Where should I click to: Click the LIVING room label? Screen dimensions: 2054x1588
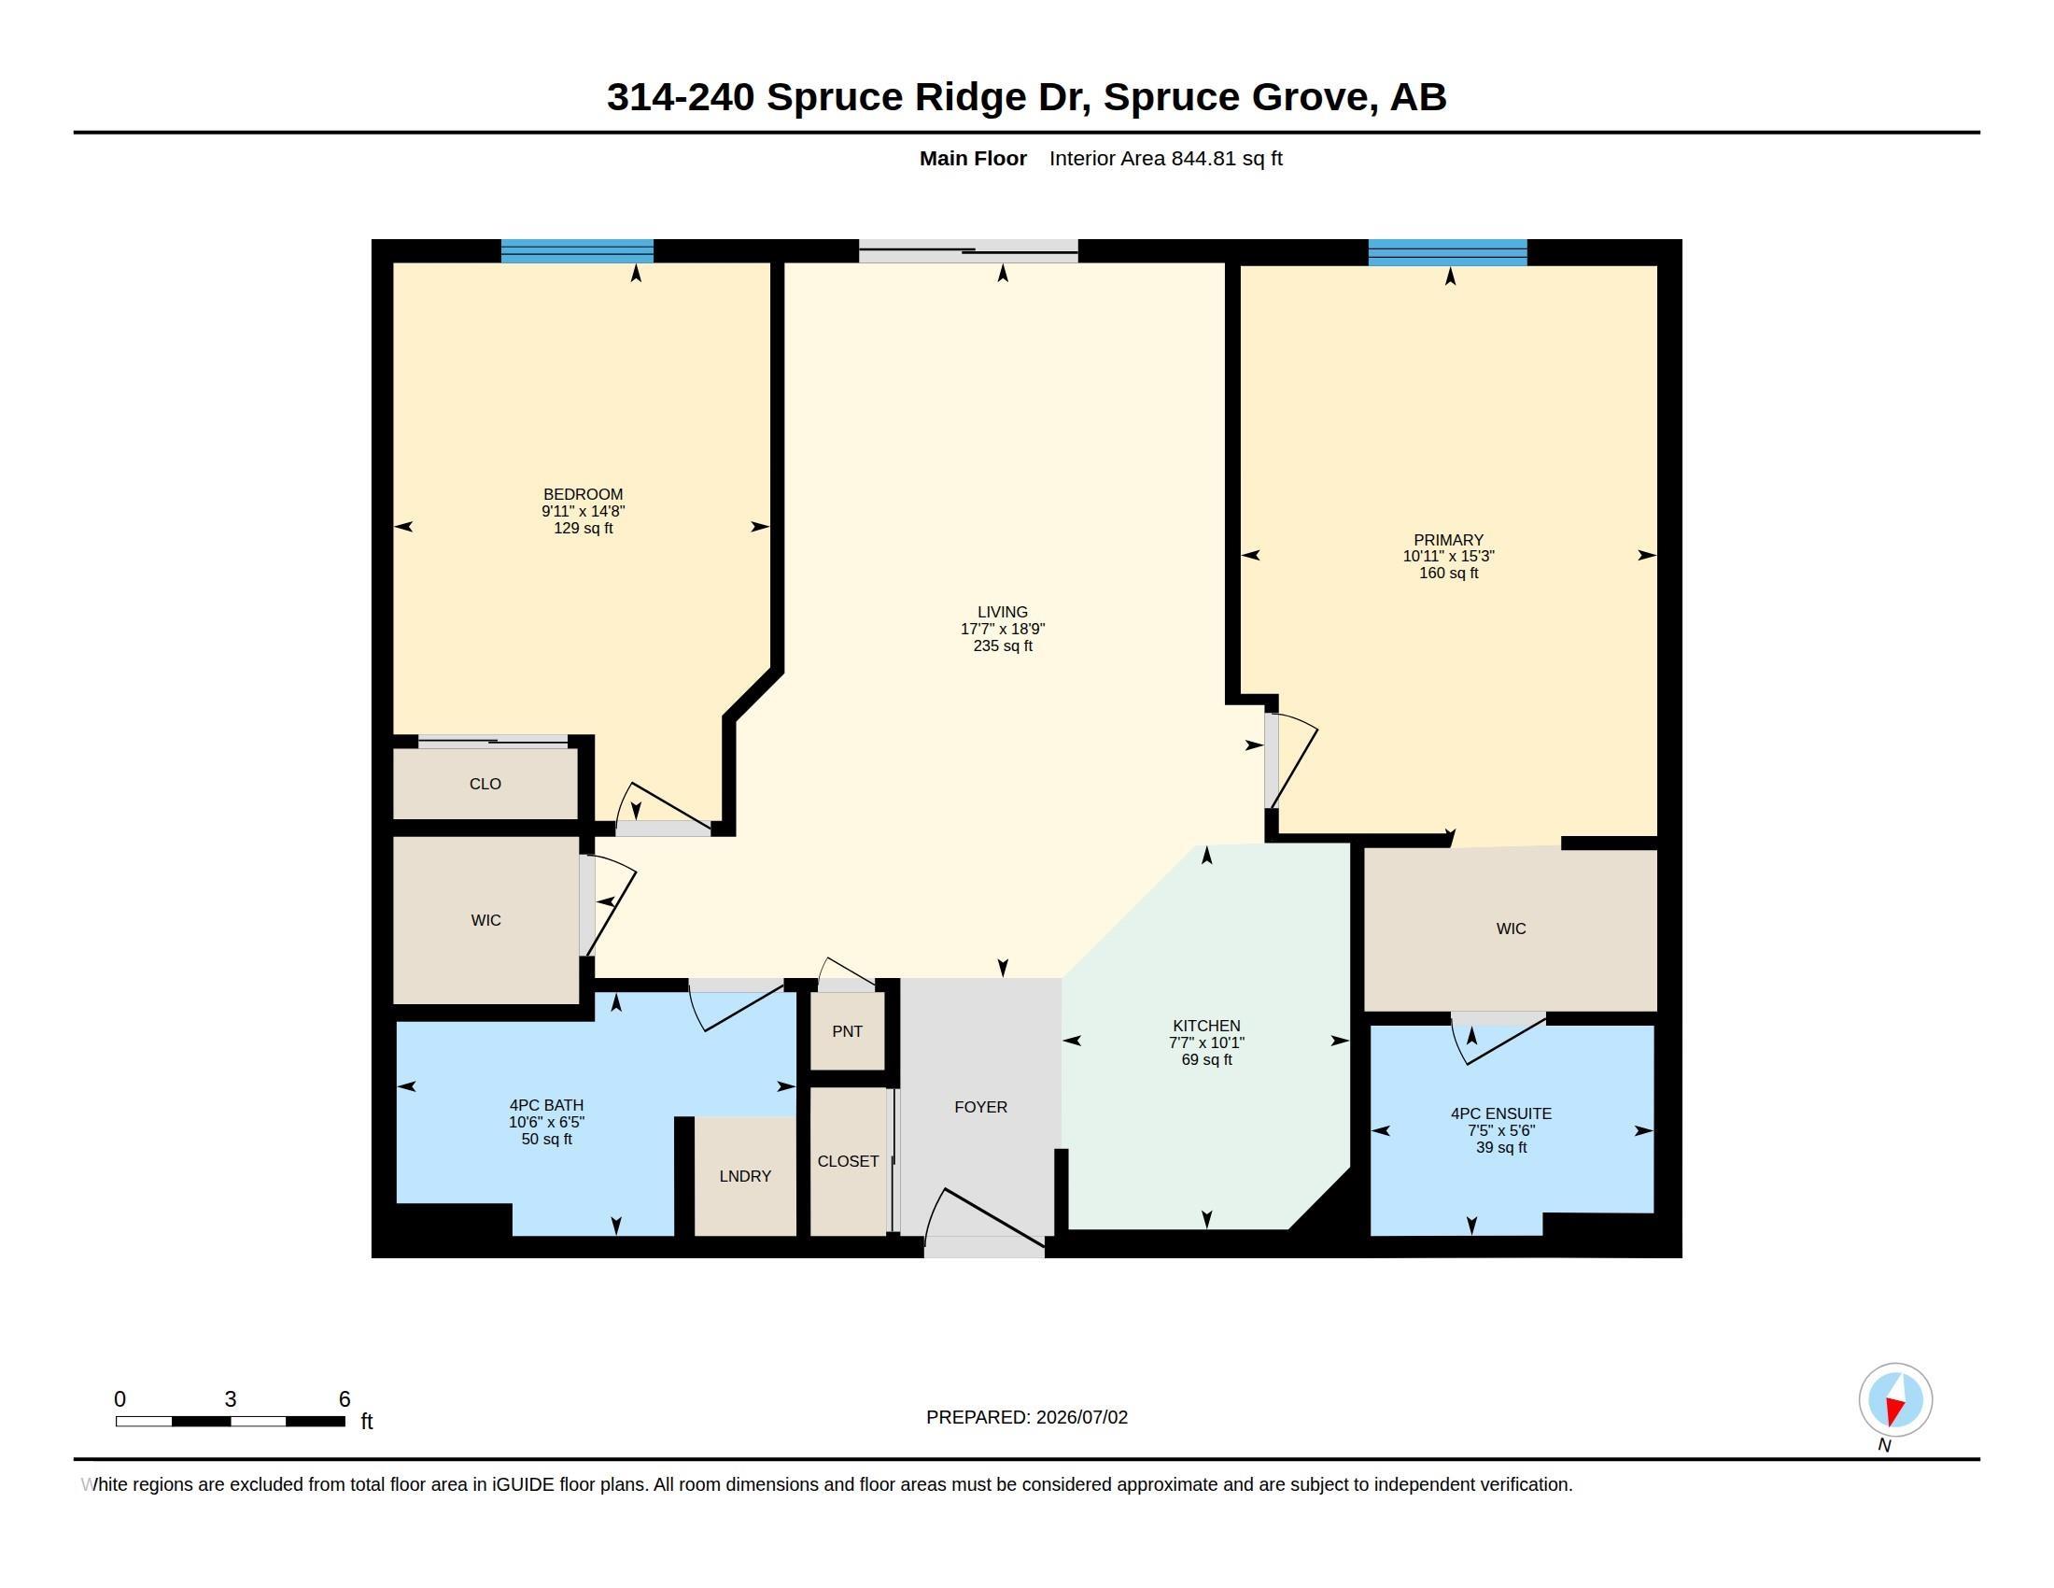click(x=1003, y=612)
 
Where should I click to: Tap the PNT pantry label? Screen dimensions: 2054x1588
click(x=848, y=1031)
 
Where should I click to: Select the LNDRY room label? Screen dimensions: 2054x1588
click(x=745, y=1176)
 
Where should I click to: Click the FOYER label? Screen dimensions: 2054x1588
click(x=981, y=1107)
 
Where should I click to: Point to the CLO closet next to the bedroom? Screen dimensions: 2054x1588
click(x=485, y=784)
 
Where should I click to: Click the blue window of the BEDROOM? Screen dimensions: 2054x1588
click(x=576, y=251)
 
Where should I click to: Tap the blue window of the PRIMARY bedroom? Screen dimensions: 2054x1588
click(x=1447, y=252)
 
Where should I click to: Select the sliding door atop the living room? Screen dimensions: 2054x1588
click(x=968, y=251)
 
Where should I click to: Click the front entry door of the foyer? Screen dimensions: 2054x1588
click(x=985, y=1223)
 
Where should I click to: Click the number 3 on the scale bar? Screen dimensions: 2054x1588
click(x=231, y=1399)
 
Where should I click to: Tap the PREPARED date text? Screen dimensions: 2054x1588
click(x=1027, y=1417)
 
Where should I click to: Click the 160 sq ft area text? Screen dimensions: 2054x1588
click(x=1448, y=573)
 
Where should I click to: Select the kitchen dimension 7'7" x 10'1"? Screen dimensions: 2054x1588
click(x=1206, y=1042)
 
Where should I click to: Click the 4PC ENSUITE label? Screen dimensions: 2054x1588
click(x=1501, y=1113)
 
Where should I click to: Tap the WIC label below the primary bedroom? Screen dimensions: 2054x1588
click(x=1512, y=929)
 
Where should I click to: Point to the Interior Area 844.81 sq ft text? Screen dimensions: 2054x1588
click(x=1166, y=158)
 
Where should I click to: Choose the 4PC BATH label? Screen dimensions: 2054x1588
click(x=546, y=1105)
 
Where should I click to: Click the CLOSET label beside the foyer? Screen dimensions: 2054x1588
click(x=849, y=1162)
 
